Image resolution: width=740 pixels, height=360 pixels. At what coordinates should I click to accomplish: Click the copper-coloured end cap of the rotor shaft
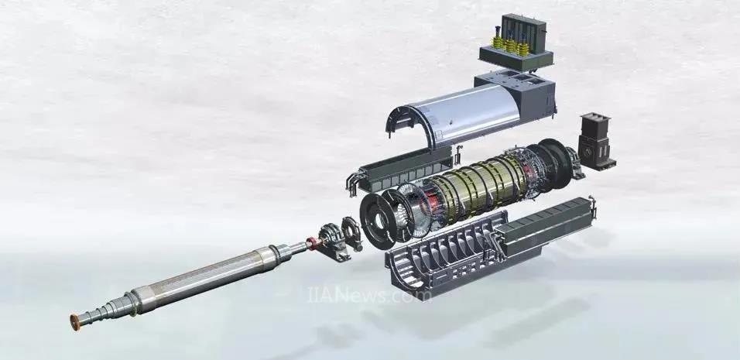tap(75, 322)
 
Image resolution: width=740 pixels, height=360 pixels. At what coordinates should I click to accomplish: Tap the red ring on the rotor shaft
tap(310, 243)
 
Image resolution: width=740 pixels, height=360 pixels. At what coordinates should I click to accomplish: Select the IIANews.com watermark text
tap(369, 295)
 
